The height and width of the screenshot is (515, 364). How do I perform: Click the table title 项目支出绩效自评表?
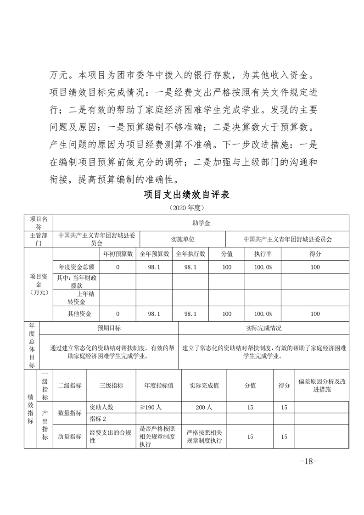click(x=186, y=194)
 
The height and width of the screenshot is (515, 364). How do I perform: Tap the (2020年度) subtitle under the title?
click(x=186, y=207)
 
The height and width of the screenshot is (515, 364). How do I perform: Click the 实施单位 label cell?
click(x=183, y=239)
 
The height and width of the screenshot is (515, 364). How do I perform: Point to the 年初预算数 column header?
click(x=118, y=254)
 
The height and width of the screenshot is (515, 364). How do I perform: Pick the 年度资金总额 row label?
click(x=76, y=267)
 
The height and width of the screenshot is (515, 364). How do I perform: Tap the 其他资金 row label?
click(x=79, y=314)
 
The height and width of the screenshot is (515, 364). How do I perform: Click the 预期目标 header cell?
click(x=109, y=328)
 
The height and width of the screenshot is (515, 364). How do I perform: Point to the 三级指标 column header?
click(x=111, y=386)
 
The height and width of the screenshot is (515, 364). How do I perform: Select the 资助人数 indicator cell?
click(x=101, y=407)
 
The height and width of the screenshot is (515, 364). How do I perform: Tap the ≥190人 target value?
click(x=151, y=407)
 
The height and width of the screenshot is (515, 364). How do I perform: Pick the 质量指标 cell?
click(x=69, y=437)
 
